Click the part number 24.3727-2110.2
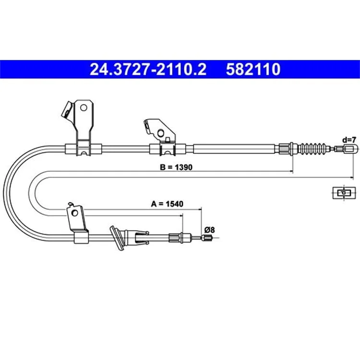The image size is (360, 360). click(x=148, y=69)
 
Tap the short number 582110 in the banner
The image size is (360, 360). click(x=253, y=69)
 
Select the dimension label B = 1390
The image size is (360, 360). click(x=176, y=167)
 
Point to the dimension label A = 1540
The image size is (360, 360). click(x=167, y=204)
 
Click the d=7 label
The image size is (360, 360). click(x=349, y=140)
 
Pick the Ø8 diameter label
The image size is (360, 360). click(x=209, y=229)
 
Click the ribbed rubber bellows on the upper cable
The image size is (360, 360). click(x=313, y=148)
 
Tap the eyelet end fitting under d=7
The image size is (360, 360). click(x=350, y=149)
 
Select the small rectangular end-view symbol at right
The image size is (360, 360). click(x=344, y=193)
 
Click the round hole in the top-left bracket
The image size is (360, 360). click(x=84, y=108)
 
